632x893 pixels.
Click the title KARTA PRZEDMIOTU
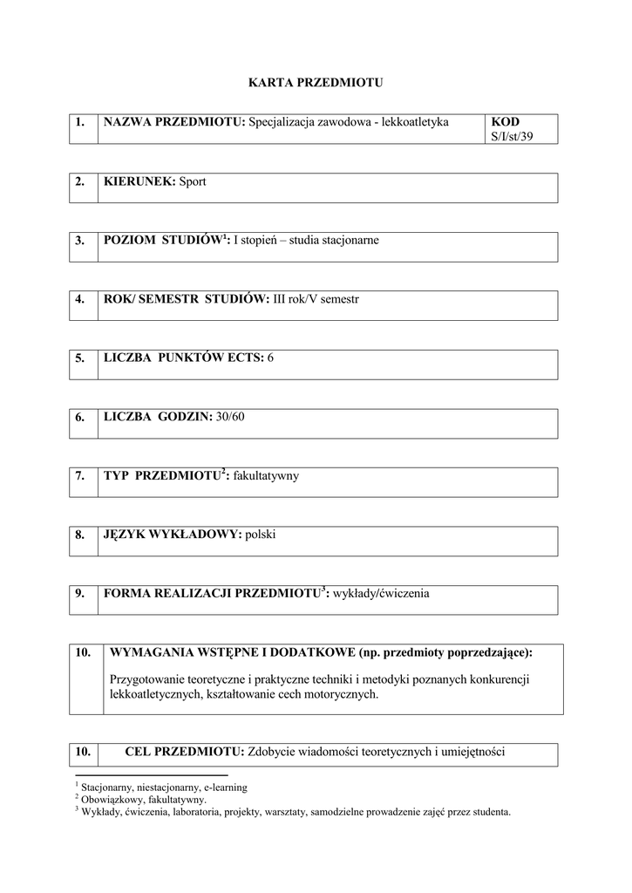[316, 83]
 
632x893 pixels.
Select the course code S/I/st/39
[512, 136]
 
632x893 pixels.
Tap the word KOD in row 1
[506, 122]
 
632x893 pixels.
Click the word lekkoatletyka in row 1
[415, 122]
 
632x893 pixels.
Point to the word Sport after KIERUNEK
[193, 181]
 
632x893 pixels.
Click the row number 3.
[79, 240]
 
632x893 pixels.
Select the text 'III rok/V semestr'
[316, 299]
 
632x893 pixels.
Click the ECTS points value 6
[270, 358]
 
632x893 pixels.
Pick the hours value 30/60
[231, 417]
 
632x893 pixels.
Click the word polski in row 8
[260, 535]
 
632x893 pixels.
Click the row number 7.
[79, 476]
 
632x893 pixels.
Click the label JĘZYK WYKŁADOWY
[172, 535]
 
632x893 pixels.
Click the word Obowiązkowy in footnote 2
[113, 798]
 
